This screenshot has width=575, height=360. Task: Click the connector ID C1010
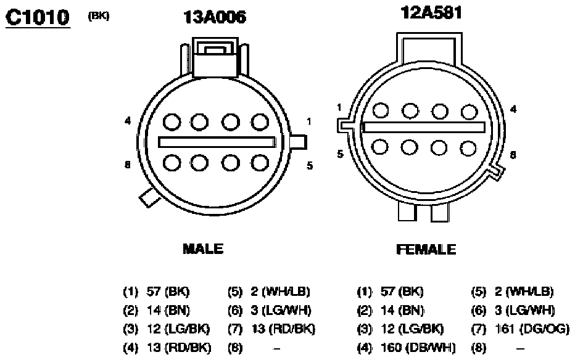(38, 17)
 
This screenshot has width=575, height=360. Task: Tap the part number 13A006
(215, 17)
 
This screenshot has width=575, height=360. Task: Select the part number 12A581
(431, 12)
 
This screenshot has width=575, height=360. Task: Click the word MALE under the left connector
(203, 249)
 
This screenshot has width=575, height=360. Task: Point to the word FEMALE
(426, 250)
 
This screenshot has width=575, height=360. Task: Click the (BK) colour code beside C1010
(99, 16)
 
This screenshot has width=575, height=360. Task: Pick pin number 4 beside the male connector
(128, 120)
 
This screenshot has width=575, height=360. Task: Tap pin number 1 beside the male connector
(309, 121)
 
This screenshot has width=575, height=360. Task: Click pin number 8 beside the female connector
(513, 155)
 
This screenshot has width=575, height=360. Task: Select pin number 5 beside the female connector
(341, 154)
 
